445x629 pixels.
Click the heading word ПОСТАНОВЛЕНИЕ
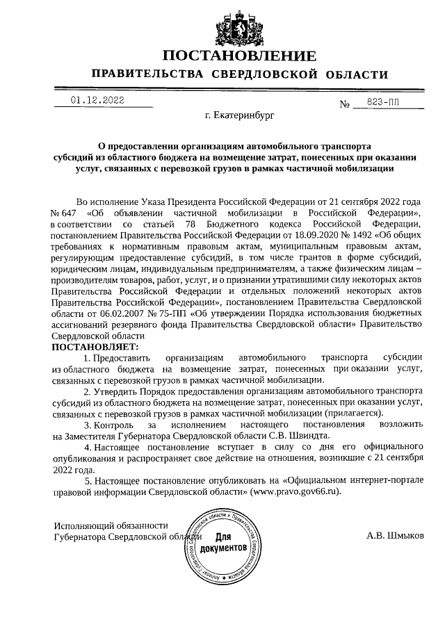click(239, 56)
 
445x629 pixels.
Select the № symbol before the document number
click(344, 104)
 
